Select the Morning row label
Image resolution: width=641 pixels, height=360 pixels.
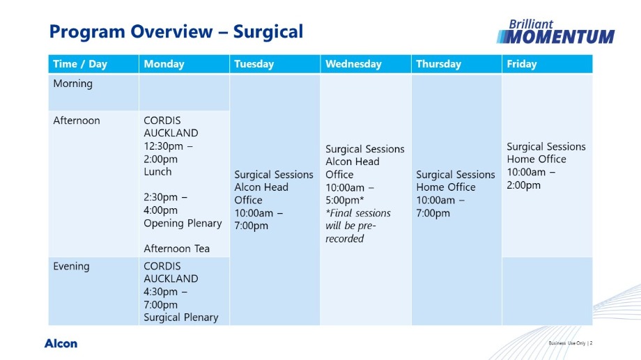click(72, 84)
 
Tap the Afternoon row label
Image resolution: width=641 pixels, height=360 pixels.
click(77, 120)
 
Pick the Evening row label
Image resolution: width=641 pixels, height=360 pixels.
click(71, 267)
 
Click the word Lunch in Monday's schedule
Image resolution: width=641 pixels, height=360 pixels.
click(157, 171)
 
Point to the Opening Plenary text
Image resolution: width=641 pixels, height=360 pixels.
click(183, 224)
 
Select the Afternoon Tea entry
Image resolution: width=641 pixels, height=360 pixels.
click(176, 249)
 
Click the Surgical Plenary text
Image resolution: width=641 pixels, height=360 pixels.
click(180, 318)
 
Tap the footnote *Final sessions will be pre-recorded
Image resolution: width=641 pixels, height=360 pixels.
click(358, 226)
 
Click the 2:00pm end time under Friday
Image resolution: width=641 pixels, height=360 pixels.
click(524, 185)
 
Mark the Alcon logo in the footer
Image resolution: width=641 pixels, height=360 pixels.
click(61, 343)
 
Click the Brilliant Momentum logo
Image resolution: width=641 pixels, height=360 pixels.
click(555, 31)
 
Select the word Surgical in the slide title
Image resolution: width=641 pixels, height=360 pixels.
click(268, 31)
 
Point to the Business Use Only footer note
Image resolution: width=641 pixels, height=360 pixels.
click(567, 343)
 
